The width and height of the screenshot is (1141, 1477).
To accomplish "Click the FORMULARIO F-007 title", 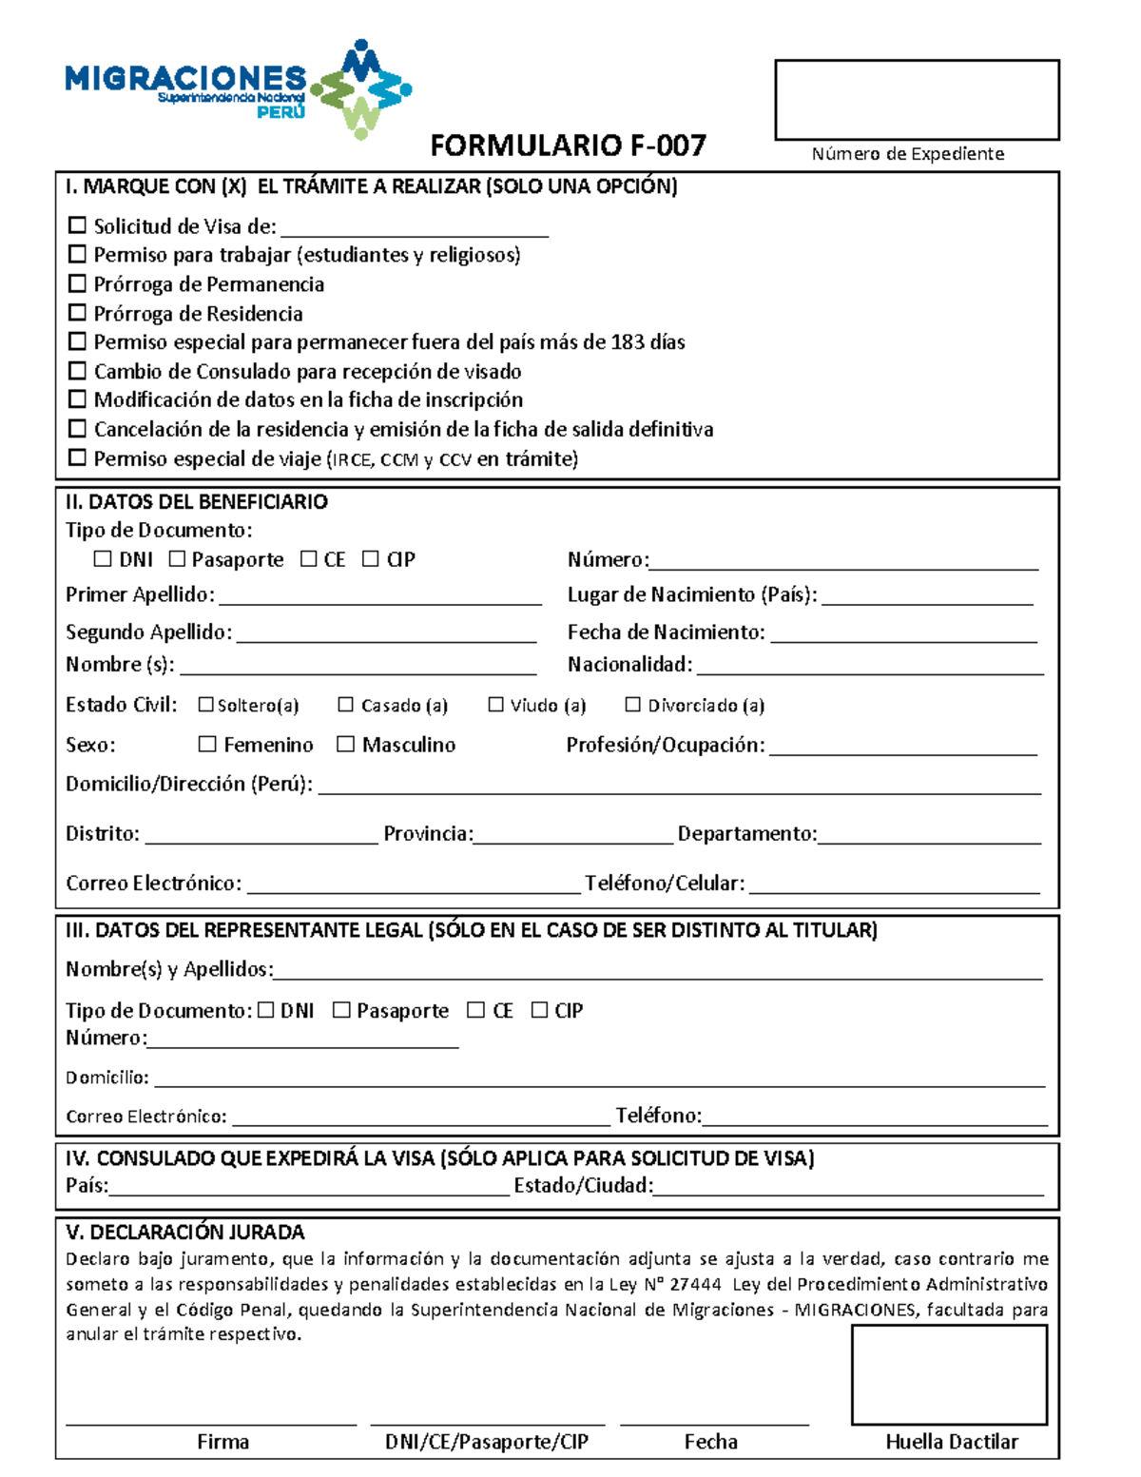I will (x=568, y=146).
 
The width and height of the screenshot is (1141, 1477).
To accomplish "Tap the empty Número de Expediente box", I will (x=917, y=100).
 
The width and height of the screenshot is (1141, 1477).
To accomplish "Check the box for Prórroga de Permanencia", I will (x=78, y=283).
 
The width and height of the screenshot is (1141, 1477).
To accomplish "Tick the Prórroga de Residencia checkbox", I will (x=78, y=313).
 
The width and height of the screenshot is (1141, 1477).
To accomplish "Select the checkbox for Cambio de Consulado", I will (x=78, y=371).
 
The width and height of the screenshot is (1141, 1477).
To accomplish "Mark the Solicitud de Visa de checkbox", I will (x=78, y=225).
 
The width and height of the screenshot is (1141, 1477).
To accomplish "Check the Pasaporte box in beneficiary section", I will (x=177, y=559).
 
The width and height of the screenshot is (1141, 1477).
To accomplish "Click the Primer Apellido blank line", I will (x=380, y=597).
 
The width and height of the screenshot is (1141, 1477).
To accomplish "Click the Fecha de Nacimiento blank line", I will (x=903, y=635).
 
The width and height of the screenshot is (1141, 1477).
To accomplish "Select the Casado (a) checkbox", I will (x=346, y=705).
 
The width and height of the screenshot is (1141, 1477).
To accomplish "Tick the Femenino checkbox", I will (x=207, y=744).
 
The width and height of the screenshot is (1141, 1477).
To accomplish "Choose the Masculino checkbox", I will (x=346, y=744).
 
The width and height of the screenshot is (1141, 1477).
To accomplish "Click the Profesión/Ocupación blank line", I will (x=903, y=748).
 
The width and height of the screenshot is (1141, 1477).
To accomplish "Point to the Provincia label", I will (x=427, y=834).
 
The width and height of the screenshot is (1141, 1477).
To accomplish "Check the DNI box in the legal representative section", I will (x=266, y=1010).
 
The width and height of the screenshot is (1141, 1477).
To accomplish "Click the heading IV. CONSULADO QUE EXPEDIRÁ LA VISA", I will (x=439, y=1158).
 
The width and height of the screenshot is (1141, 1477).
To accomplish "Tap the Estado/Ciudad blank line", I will (x=849, y=1188).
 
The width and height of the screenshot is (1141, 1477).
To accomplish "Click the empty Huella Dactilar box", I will (x=949, y=1374).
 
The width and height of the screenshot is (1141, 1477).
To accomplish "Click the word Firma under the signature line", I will (x=222, y=1442).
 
